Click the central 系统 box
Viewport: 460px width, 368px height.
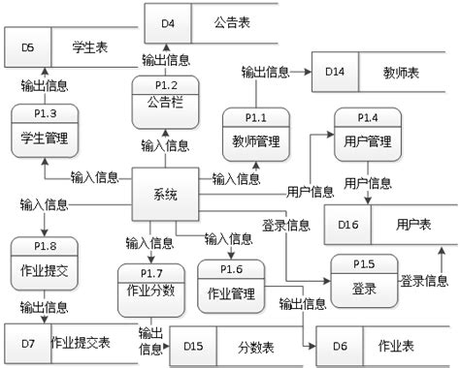[165, 197]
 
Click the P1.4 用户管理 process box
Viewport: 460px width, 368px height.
[368, 133]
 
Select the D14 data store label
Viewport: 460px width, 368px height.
[335, 73]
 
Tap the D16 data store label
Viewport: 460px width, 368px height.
[347, 224]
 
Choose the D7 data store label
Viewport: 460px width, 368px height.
[27, 343]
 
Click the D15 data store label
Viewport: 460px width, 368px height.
[193, 347]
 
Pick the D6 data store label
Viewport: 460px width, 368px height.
[339, 347]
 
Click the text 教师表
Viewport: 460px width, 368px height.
[401, 73]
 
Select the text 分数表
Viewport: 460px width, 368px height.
[255, 347]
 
